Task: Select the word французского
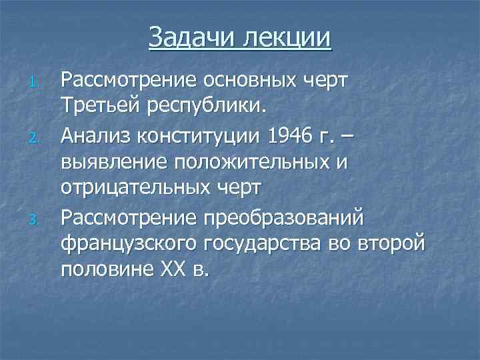(x=129, y=243)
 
